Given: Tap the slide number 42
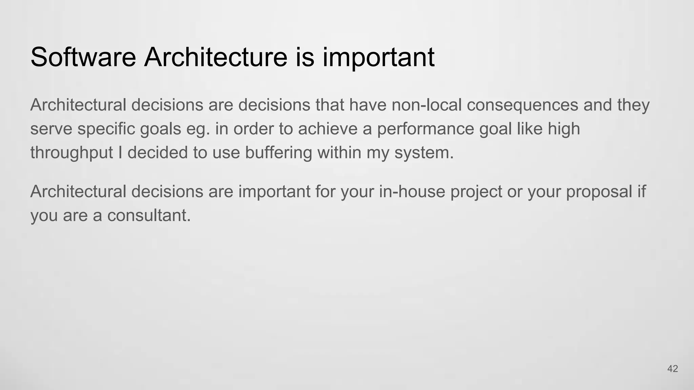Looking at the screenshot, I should coord(672,369).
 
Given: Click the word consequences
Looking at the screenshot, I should coord(522,105).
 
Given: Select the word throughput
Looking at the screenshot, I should coord(72,153).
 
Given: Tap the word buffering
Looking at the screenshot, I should coord(278,153).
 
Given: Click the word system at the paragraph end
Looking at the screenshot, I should coord(424,153).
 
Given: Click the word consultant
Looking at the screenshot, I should coord(149,215).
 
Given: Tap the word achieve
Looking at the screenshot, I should coord(328,129).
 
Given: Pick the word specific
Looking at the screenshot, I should coord(106,129).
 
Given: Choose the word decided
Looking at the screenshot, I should coord(158,153).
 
